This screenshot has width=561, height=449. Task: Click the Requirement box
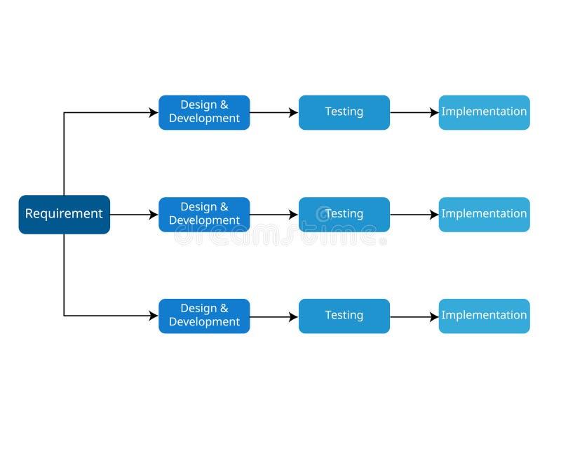point(64,214)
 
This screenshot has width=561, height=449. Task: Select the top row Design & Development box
point(204,112)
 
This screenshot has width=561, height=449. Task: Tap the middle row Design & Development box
point(204,214)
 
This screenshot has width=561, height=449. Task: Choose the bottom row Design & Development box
point(204,316)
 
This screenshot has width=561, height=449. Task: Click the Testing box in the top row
point(344,112)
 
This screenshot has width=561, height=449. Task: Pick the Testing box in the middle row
point(344,214)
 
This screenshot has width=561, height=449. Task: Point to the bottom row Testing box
point(344,316)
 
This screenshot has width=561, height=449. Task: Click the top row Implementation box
point(484,112)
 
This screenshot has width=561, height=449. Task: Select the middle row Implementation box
point(484,214)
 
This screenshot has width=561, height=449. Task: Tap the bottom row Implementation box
point(484,316)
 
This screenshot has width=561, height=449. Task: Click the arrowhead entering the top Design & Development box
point(154,112)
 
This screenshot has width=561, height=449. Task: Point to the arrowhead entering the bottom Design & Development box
point(154,316)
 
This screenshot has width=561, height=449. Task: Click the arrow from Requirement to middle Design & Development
point(133,215)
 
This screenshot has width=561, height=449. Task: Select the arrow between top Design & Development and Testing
point(273,112)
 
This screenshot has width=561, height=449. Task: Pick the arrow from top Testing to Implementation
point(414,112)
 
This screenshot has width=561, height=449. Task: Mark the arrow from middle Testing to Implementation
point(414,215)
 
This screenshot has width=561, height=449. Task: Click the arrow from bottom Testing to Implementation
point(414,316)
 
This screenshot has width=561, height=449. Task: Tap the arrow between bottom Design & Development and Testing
point(273,316)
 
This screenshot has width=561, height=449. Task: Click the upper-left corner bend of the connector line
point(64,112)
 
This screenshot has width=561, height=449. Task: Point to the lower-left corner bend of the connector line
point(64,316)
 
